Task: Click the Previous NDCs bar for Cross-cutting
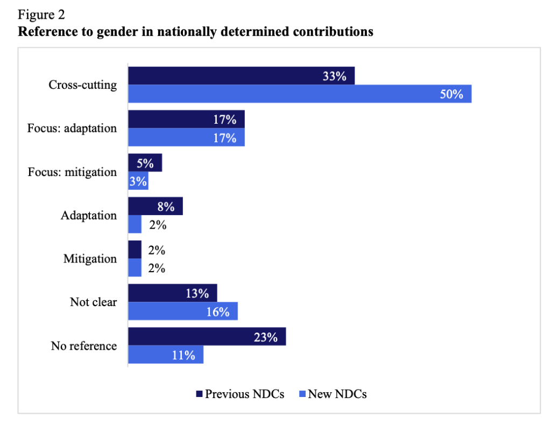coord(241,76)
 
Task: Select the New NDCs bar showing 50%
coord(299,94)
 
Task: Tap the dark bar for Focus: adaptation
coord(186,119)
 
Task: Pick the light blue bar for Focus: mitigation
coord(138,181)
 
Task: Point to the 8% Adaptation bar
coord(155,206)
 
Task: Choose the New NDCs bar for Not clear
coord(183,311)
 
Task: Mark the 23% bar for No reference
coord(207,337)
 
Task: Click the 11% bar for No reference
coord(165,355)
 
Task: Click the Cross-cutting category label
coord(82,85)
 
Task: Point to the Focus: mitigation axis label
coord(72,172)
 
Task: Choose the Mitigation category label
coord(90,259)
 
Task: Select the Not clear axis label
coord(93,302)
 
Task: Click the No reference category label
coord(83,345)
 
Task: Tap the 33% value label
coord(334,76)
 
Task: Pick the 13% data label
coord(197,293)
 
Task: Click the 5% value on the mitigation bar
coord(145,163)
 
